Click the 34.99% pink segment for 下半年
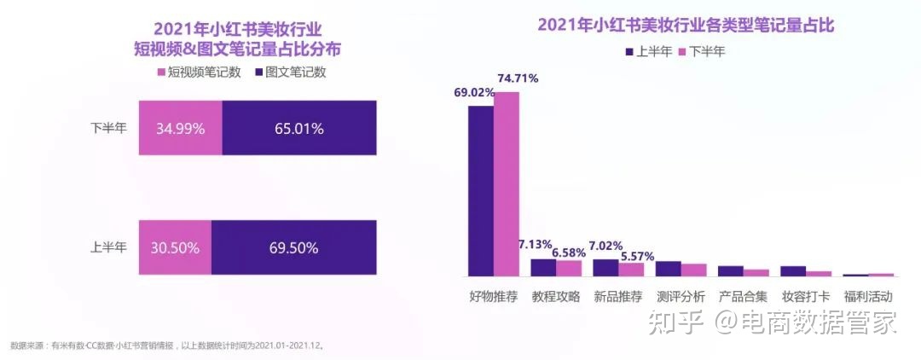(x=179, y=129)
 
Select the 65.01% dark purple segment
(x=298, y=129)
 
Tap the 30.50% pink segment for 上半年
(x=174, y=247)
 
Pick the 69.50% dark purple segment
(x=293, y=247)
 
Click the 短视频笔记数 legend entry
(x=197, y=73)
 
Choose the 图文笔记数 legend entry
(x=289, y=73)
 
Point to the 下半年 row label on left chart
(x=108, y=129)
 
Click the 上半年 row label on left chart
(x=108, y=248)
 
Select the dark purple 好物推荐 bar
(x=481, y=191)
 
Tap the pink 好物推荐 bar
(x=506, y=183)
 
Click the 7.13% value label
(x=535, y=246)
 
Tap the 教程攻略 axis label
(x=555, y=297)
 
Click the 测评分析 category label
(x=681, y=297)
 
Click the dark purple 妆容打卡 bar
(x=793, y=271)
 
